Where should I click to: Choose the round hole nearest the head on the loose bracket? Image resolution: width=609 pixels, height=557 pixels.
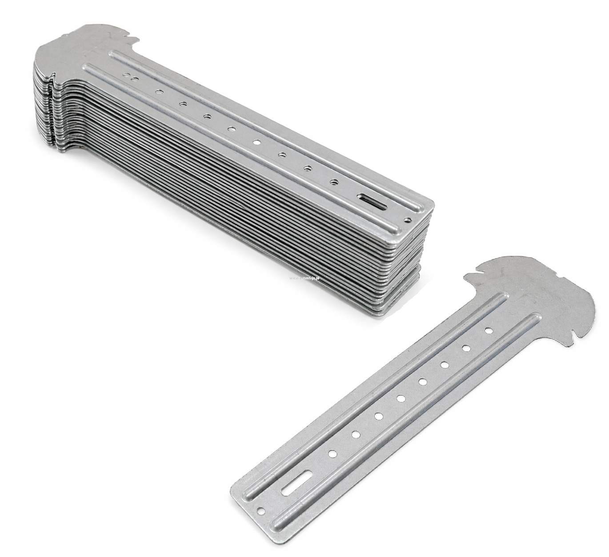(x=488, y=330)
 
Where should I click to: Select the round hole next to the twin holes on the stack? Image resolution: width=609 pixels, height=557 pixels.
(x=158, y=92)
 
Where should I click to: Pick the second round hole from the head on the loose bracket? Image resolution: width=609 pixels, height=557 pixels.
(x=466, y=347)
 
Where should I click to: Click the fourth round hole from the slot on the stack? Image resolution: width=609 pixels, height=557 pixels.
(x=256, y=142)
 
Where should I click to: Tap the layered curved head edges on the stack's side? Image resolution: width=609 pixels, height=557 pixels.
(x=47, y=111)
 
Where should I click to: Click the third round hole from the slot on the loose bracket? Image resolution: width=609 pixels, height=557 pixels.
(x=379, y=416)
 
